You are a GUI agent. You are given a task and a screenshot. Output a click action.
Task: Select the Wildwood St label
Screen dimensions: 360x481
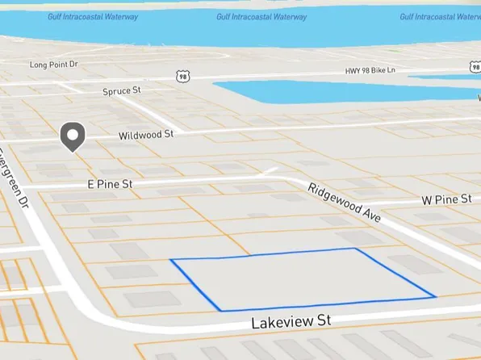pos(146,135)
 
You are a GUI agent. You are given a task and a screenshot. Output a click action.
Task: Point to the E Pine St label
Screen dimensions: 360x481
pos(109,184)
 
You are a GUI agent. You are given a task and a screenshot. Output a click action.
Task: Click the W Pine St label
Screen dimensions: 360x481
pos(446,199)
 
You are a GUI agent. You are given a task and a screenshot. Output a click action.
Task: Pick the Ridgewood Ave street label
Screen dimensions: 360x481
pos(343,203)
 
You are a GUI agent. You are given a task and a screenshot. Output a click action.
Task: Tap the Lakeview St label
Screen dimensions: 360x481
pos(291,321)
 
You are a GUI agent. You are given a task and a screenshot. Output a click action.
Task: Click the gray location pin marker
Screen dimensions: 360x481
pos(73,136)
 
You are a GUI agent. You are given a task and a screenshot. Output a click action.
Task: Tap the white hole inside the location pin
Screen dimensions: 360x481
pos(73,133)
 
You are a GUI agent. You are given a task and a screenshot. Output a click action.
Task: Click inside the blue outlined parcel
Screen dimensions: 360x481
pos(299,278)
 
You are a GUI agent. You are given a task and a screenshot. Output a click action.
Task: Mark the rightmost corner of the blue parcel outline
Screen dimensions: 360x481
pos(436,296)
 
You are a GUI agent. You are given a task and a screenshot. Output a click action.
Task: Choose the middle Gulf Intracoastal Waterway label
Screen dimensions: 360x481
pos(261,17)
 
